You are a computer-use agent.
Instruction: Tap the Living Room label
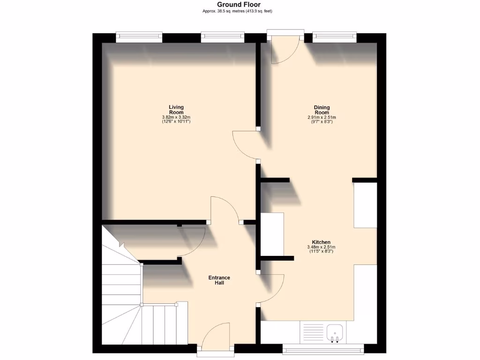click(176, 110)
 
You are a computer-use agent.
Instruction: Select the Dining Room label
click(322, 110)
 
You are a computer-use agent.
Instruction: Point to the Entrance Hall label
click(219, 280)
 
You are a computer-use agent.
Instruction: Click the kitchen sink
click(335, 332)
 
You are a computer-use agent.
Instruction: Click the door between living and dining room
click(246, 146)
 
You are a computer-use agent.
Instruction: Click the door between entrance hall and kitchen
click(272, 288)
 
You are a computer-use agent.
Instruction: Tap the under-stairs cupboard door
click(192, 242)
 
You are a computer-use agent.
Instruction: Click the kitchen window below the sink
click(323, 348)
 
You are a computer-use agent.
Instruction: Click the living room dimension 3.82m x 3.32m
click(176, 117)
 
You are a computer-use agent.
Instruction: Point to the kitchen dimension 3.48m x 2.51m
click(322, 247)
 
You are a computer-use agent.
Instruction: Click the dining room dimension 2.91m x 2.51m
click(322, 117)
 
